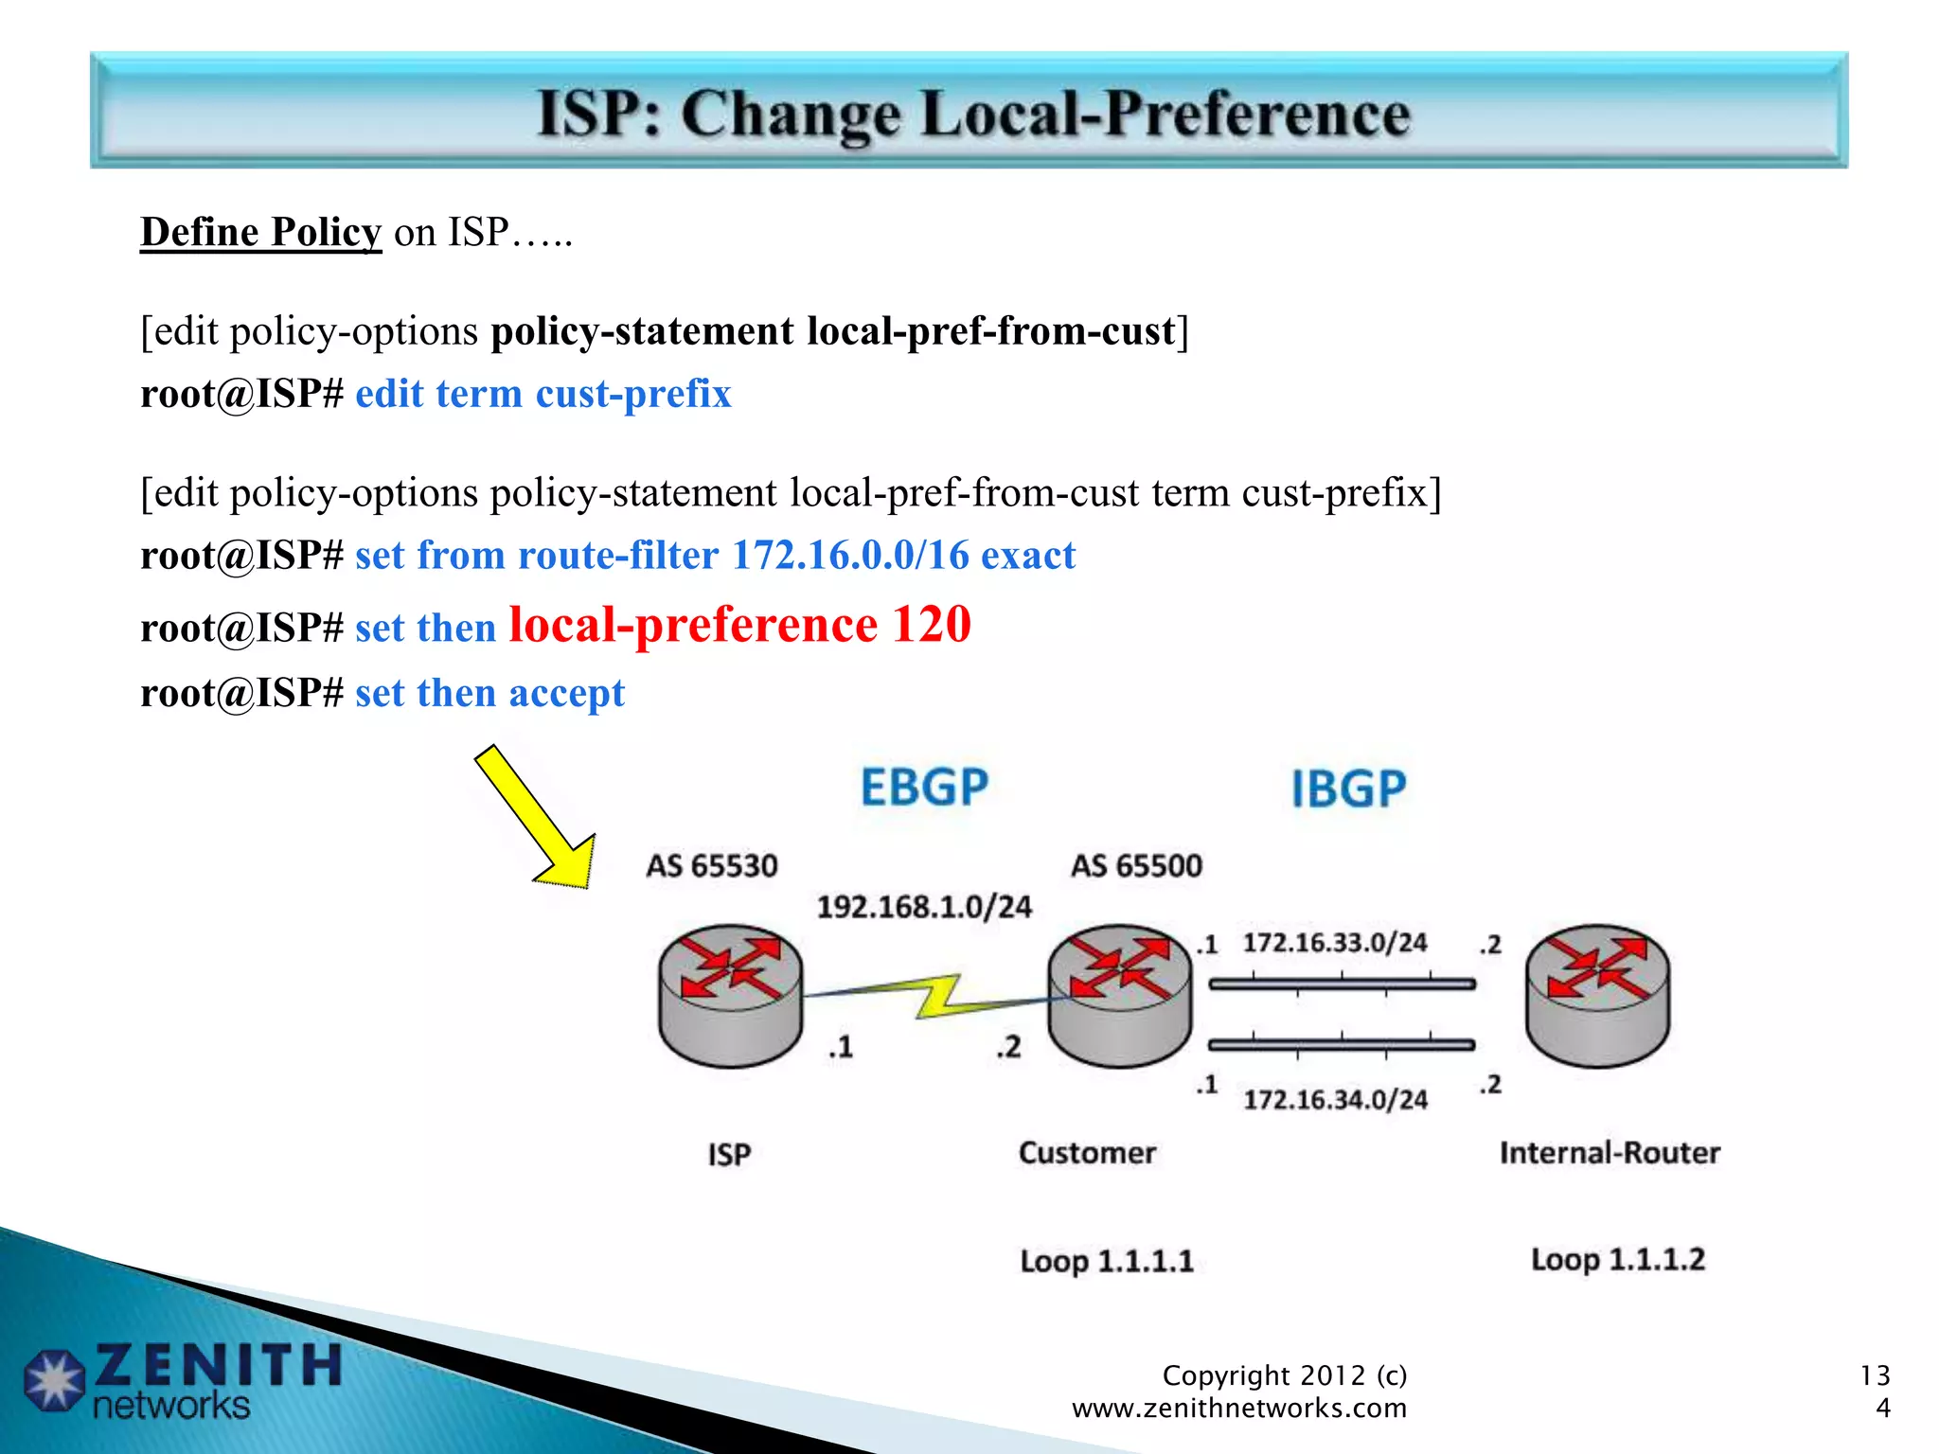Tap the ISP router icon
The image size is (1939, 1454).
[x=730, y=995]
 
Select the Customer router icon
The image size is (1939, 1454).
[x=1120, y=995]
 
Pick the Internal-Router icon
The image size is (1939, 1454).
[x=1598, y=995]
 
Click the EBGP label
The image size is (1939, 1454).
[x=924, y=788]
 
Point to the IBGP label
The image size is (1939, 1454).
[x=1349, y=789]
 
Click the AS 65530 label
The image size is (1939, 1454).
[x=712, y=865]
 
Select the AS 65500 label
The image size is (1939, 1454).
[x=1136, y=865]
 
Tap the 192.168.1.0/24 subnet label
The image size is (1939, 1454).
[x=924, y=907]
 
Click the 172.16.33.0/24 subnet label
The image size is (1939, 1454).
[x=1335, y=943]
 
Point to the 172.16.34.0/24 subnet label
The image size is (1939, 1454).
[x=1335, y=1099]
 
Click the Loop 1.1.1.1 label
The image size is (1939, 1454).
[x=1107, y=1261]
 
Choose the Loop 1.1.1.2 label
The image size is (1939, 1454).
[x=1618, y=1259]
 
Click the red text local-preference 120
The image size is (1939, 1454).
[x=739, y=625]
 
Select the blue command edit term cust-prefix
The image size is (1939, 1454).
[x=543, y=394]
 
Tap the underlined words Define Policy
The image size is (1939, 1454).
[x=260, y=232]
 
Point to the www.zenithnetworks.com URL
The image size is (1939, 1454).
[x=1238, y=1408]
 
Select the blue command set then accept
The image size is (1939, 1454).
[x=489, y=693]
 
